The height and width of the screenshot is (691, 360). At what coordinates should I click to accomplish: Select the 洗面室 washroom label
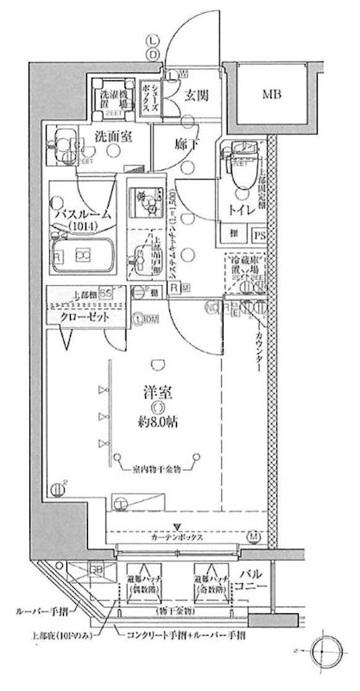(x=114, y=136)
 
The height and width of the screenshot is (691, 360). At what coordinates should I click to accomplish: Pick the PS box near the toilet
(x=258, y=233)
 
